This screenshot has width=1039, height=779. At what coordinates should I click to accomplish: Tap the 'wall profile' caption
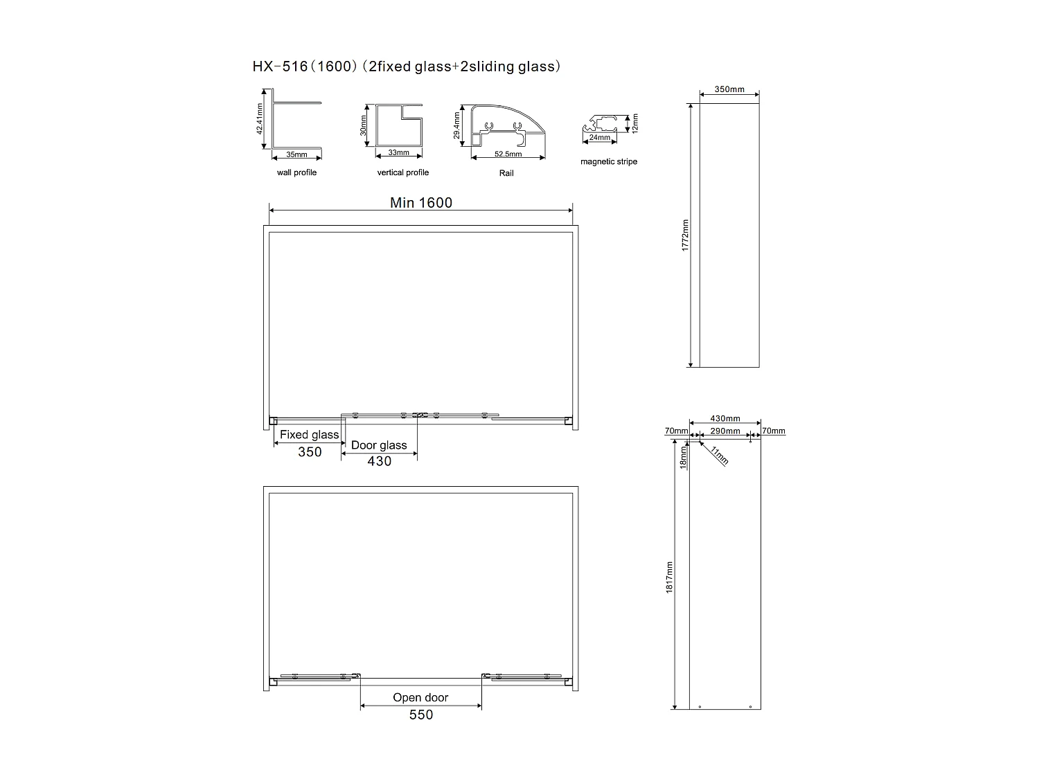click(296, 172)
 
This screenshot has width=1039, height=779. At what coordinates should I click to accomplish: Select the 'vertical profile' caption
click(402, 172)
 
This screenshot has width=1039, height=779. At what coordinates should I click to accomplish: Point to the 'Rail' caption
click(506, 173)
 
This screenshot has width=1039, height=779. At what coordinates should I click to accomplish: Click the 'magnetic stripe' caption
click(608, 162)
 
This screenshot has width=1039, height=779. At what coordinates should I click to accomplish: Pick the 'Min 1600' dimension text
click(420, 202)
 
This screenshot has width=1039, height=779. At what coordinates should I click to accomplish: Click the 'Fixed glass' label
click(309, 435)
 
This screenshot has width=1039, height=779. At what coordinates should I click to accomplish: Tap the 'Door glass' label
click(379, 445)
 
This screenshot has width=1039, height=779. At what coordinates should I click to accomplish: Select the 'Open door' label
click(420, 697)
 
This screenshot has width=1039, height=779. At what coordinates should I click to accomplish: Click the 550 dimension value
click(420, 715)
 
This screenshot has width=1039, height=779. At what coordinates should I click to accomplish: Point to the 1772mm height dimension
click(685, 235)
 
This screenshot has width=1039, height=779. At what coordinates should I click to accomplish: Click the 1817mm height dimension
click(669, 576)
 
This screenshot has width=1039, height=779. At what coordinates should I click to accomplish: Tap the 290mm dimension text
click(725, 431)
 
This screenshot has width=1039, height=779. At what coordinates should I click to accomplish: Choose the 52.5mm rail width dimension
click(508, 154)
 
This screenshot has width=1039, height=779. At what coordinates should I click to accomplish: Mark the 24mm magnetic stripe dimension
click(599, 138)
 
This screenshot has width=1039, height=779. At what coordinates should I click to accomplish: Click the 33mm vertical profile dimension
click(398, 152)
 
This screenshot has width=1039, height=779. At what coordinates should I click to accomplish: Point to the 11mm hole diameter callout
click(719, 456)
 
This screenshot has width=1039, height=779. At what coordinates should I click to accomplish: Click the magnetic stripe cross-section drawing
click(600, 124)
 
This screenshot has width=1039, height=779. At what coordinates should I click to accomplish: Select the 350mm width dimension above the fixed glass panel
click(729, 89)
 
